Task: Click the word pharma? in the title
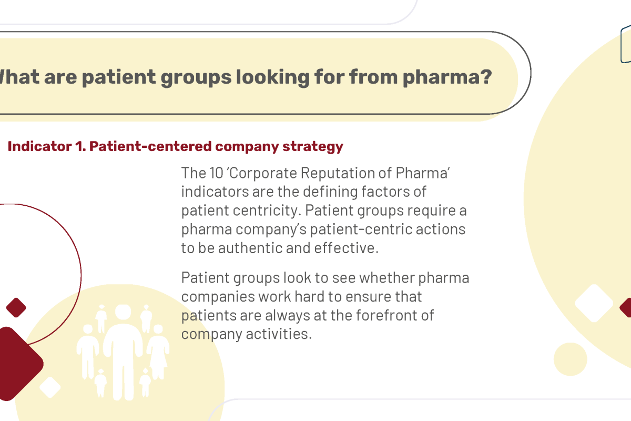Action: tap(447, 77)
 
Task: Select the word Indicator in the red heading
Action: tap(39, 146)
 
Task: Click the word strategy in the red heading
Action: tap(313, 147)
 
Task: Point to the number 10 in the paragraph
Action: tap(216, 173)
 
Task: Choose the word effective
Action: tap(346, 248)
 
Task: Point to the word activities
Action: tap(279, 334)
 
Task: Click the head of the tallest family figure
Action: tap(123, 312)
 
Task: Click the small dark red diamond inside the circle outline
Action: tap(16, 308)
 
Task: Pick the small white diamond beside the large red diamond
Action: tap(50, 387)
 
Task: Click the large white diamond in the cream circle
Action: tap(594, 303)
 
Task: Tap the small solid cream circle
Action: tap(571, 359)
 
